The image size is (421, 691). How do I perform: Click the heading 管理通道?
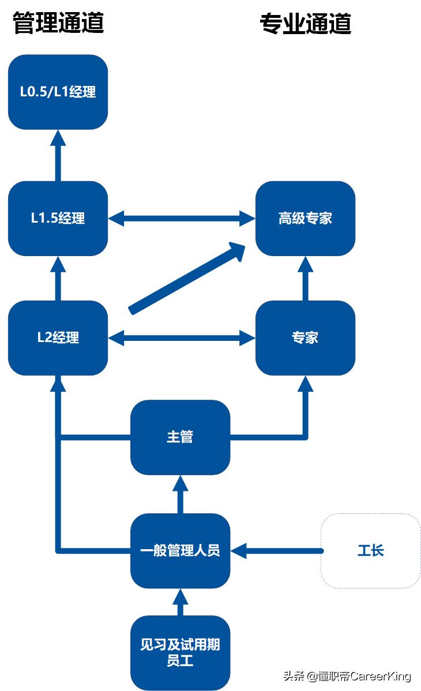[58, 23]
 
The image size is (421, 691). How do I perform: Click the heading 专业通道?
[305, 24]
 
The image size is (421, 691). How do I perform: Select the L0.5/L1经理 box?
[58, 92]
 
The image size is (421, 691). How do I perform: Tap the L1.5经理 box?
[58, 218]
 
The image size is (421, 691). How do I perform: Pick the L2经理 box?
[58, 337]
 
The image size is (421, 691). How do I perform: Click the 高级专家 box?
[305, 218]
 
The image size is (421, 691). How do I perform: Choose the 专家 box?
[305, 337]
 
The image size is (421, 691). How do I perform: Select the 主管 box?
[180, 437]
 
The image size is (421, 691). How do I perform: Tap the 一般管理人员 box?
[180, 550]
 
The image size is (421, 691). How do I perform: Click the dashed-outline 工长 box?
[370, 550]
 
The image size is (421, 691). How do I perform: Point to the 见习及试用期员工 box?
[180, 652]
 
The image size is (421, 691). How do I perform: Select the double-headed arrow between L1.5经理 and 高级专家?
[182, 218]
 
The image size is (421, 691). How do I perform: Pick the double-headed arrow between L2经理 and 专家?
[182, 337]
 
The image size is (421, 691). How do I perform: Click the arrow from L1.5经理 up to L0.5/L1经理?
[58, 156]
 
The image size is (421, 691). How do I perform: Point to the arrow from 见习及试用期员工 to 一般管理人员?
[180, 603]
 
